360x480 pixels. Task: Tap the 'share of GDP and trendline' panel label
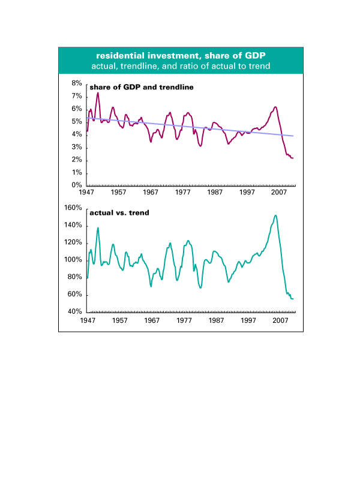pyautogui.click(x=141, y=88)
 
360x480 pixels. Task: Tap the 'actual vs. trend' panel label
pyautogui.click(x=119, y=213)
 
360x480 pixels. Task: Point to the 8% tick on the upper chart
pyautogui.click(x=77, y=83)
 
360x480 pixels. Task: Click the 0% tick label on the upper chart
pyautogui.click(x=77, y=185)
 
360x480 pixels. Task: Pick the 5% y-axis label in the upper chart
pyautogui.click(x=77, y=121)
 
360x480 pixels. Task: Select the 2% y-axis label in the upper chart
pyautogui.click(x=77, y=160)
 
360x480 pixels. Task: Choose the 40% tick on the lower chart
pyautogui.click(x=75, y=312)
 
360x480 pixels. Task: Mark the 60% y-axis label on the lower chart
pyautogui.click(x=75, y=295)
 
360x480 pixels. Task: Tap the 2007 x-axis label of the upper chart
pyautogui.click(x=278, y=194)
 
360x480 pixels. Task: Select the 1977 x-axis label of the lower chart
pyautogui.click(x=184, y=320)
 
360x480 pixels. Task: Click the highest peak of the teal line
pyautogui.click(x=275, y=215)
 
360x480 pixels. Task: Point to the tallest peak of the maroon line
pyautogui.click(x=98, y=92)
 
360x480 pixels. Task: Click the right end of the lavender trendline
pyautogui.click(x=293, y=136)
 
